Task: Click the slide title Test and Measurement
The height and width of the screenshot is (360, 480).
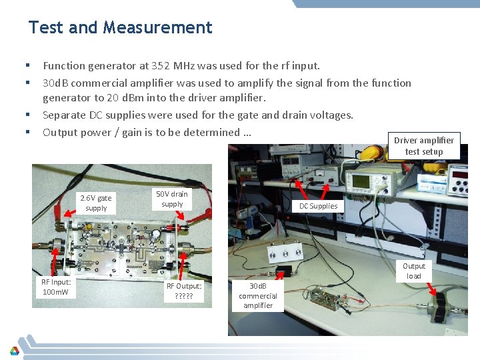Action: click(120, 27)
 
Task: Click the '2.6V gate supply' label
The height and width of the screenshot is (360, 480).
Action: click(96, 203)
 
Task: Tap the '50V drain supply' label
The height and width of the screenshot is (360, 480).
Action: click(172, 199)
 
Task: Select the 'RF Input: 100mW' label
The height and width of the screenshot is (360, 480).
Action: click(56, 287)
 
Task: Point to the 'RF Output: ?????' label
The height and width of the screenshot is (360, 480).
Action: click(184, 291)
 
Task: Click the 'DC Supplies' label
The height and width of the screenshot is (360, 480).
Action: click(319, 206)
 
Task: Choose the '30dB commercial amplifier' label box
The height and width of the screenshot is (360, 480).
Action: click(258, 296)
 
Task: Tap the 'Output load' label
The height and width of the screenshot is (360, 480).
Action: click(414, 271)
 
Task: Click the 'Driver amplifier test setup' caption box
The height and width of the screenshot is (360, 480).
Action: click(424, 146)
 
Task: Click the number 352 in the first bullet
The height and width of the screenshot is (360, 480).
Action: click(160, 66)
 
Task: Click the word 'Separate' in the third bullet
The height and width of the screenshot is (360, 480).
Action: click(64, 115)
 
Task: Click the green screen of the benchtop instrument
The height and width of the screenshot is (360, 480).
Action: click(361, 181)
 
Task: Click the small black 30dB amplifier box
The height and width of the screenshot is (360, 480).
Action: click(284, 271)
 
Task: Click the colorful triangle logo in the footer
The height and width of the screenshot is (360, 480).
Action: click(15, 351)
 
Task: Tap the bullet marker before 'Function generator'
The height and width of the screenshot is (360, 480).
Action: click(28, 65)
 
